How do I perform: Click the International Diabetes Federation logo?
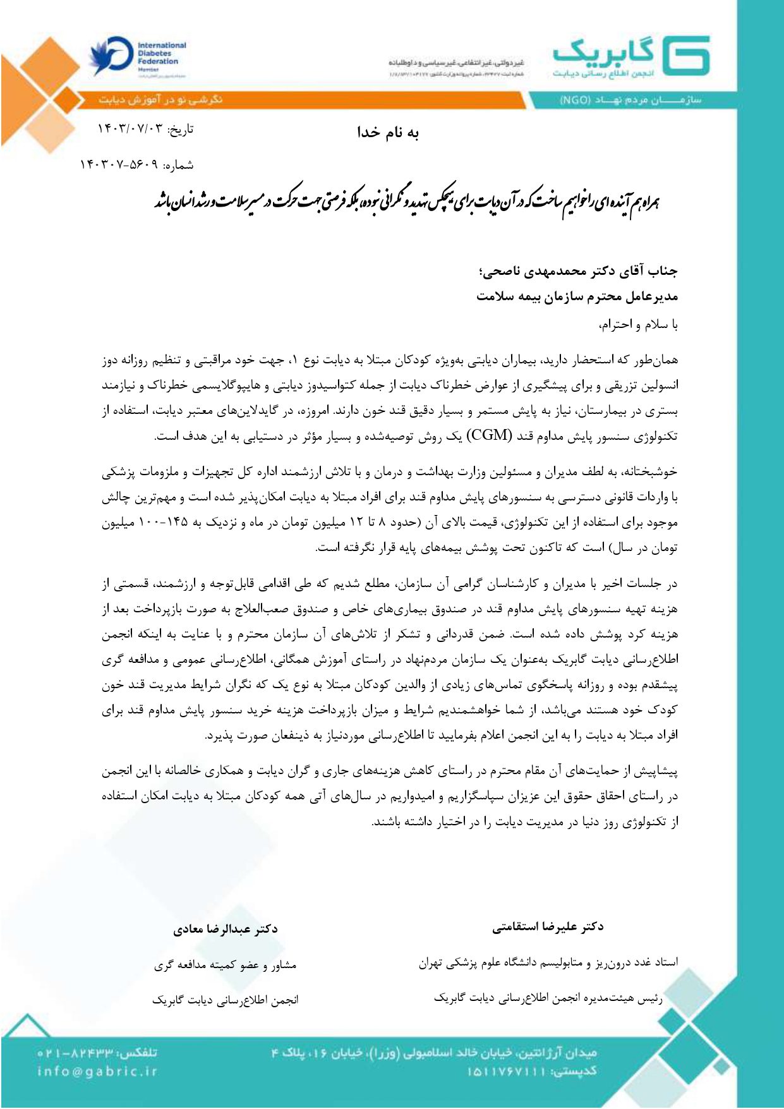[138, 58]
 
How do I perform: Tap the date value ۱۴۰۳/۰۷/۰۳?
[129, 130]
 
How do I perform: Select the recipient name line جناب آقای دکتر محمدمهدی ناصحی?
[578, 272]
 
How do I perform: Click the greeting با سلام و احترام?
[638, 325]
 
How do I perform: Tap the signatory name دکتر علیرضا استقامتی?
[548, 927]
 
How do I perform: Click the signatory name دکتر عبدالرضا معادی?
[226, 929]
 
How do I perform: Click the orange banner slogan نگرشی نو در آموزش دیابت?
[161, 100]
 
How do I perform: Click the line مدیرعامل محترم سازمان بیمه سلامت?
[577, 296]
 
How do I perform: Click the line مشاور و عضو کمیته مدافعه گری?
[226, 965]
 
